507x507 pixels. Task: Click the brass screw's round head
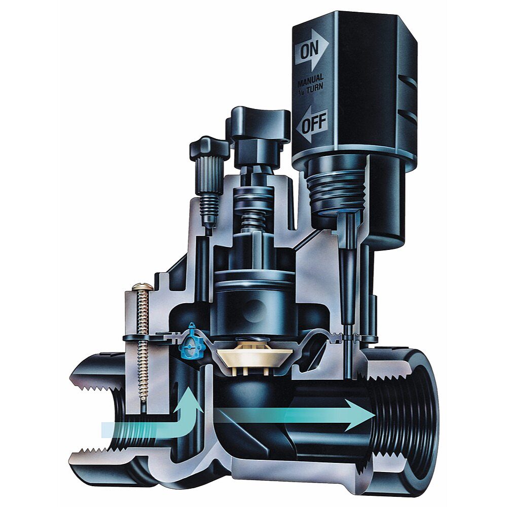coord(140,288)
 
